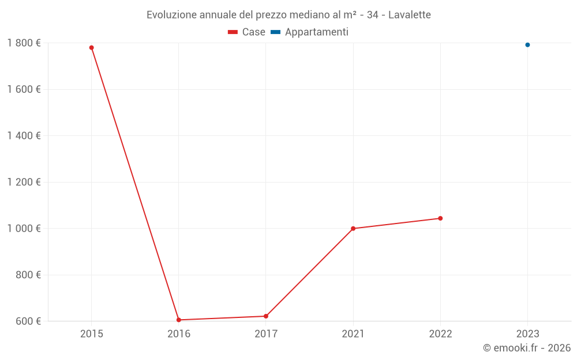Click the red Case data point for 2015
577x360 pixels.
[x=91, y=48]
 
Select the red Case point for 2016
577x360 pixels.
[x=179, y=320]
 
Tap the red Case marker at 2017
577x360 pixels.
[x=266, y=316]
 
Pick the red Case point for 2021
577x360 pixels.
[x=353, y=229]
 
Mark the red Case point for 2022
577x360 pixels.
[x=440, y=218]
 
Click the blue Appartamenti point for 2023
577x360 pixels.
[x=527, y=45]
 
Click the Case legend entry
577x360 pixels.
[x=247, y=32]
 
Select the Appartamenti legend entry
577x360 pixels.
[x=310, y=32]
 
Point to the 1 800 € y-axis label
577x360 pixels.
[x=24, y=43]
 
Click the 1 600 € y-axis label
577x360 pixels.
[x=24, y=89]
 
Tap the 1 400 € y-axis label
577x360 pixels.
[x=24, y=136]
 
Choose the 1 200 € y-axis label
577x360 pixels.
[x=24, y=182]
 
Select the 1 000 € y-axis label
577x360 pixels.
[x=24, y=229]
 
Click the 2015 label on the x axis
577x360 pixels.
[x=91, y=334]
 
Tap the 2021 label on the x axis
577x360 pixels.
[x=353, y=334]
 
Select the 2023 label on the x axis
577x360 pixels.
[x=527, y=334]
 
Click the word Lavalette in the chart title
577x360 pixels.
[x=409, y=15]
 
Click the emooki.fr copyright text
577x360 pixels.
[x=526, y=348]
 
